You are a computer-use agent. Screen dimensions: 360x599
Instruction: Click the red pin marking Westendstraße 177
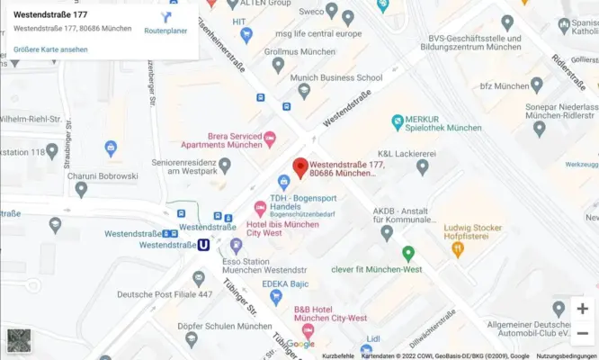click(x=300, y=167)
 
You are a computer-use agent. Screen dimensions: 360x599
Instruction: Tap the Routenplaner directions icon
click(x=166, y=18)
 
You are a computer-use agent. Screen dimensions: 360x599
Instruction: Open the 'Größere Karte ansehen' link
click(x=50, y=49)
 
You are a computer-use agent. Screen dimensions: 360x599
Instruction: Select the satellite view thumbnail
click(x=19, y=340)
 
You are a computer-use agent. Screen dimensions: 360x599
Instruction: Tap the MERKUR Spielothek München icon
click(x=397, y=121)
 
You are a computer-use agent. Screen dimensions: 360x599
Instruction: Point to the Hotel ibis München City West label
click(x=282, y=229)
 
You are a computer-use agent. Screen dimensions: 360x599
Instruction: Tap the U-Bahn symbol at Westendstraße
click(x=204, y=245)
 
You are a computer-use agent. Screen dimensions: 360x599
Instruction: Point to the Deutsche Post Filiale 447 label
click(x=165, y=294)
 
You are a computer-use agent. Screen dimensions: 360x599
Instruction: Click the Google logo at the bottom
click(x=300, y=344)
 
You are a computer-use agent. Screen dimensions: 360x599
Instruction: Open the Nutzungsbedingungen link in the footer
click(x=567, y=356)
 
